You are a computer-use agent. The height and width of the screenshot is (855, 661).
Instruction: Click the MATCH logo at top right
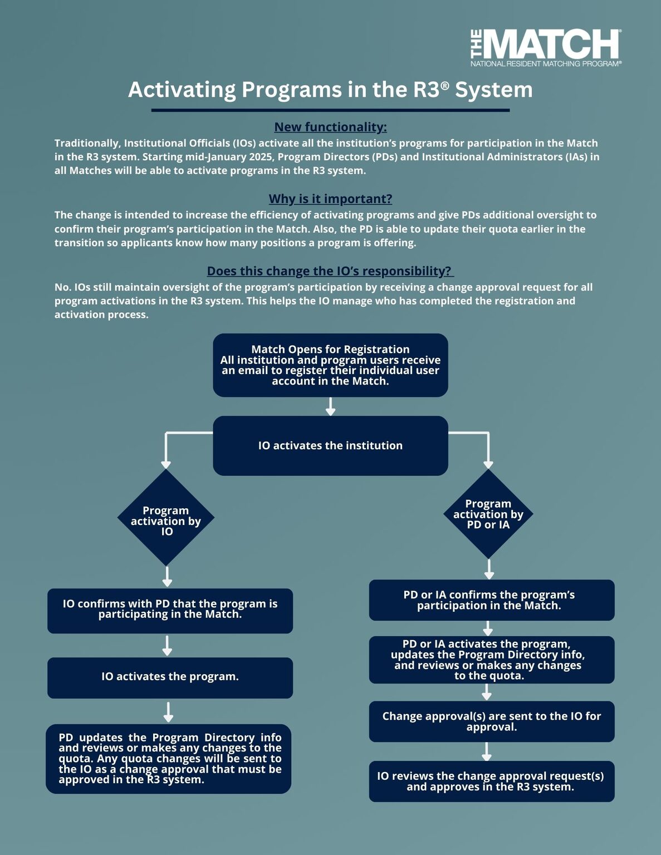point(546,47)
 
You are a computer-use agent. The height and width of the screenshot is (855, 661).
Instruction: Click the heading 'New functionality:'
point(330,127)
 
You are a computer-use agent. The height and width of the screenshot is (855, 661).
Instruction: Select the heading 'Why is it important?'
point(330,199)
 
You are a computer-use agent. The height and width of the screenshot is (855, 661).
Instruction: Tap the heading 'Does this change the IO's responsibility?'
point(330,271)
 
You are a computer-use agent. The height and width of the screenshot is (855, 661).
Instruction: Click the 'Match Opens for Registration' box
point(330,365)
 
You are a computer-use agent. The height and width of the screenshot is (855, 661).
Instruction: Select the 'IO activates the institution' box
point(330,445)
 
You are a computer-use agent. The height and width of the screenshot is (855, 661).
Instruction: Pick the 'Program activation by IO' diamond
point(166,518)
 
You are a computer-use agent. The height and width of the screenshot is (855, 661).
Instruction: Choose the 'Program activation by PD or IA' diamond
point(488,514)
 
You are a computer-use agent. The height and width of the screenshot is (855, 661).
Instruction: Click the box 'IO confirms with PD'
point(170,611)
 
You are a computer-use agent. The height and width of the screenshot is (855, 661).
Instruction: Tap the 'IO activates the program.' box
point(170,677)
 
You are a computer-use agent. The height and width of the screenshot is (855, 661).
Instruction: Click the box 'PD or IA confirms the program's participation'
point(492,600)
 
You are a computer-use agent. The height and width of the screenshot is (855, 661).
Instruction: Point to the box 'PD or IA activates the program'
point(492,660)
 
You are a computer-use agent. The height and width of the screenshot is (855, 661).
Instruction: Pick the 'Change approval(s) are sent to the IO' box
point(492,721)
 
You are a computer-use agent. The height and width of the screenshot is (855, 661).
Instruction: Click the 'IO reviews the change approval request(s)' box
point(492,782)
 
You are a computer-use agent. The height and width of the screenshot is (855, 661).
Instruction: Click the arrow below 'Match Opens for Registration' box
point(330,406)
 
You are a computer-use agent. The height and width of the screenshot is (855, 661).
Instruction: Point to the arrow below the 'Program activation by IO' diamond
point(167,577)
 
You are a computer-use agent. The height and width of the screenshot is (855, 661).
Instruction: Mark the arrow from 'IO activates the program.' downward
point(168,712)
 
